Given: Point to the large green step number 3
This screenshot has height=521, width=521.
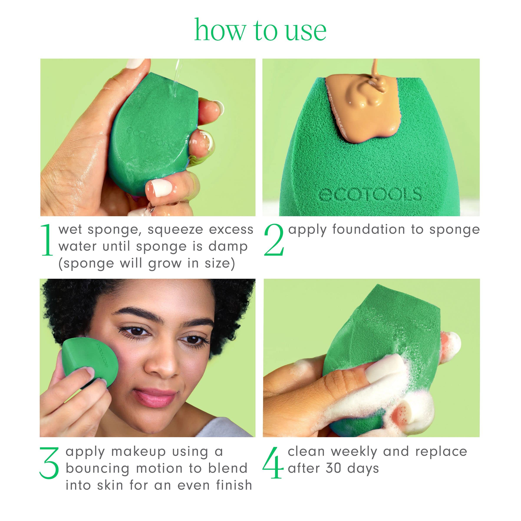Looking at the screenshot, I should pos(49,463).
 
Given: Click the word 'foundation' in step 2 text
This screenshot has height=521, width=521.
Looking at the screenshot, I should pos(369,229).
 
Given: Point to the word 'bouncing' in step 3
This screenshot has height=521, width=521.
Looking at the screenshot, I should pos(98,469).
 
